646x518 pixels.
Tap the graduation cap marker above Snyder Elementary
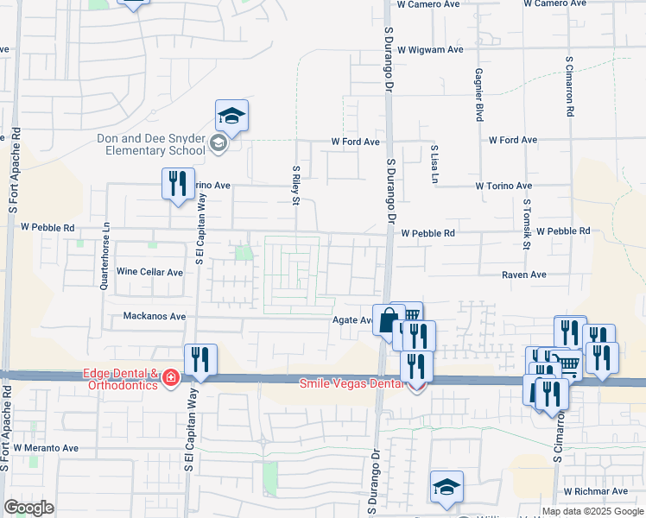pos(231,115)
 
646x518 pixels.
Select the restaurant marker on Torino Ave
pos(178,184)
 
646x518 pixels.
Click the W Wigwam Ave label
pos(430,49)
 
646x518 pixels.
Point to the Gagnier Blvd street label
pos(478,96)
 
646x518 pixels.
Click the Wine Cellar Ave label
pos(150,272)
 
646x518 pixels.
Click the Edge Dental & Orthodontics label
pos(120,379)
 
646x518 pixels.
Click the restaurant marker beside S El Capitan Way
pos(200,360)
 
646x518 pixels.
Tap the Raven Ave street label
pos(525,275)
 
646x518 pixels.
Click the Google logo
pos(29,508)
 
